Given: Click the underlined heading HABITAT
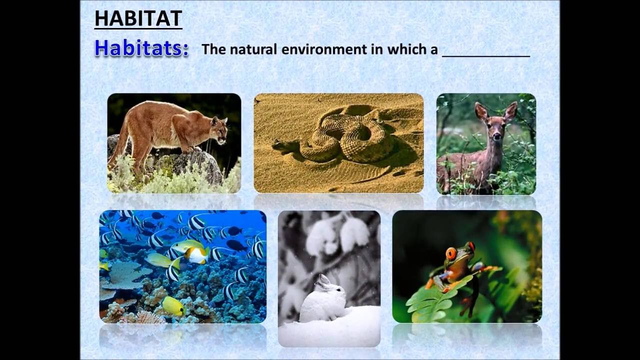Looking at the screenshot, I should coord(138,18).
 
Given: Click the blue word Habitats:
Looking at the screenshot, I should coord(141,48).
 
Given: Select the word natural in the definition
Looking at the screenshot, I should coord(252,49).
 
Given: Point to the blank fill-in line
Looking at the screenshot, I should coord(485,54).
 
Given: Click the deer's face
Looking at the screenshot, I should coord(495,128).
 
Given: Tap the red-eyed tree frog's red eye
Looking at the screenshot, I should coord(451,254).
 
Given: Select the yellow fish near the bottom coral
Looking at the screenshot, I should coord(173,306).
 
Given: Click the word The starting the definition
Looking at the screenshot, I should coord(212,49).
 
